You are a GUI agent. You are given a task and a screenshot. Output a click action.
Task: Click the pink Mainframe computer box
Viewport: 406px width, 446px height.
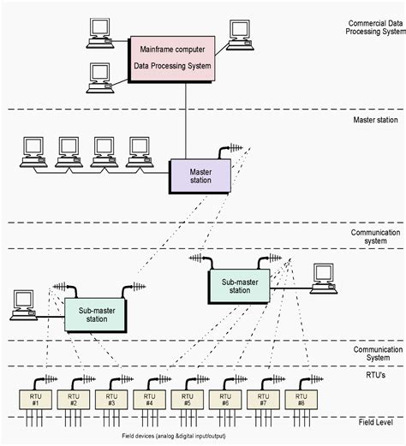point(172,59)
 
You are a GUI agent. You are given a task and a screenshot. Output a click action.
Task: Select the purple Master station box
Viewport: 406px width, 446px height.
point(200,176)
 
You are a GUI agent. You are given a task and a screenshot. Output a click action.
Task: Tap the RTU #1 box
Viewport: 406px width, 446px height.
point(35,400)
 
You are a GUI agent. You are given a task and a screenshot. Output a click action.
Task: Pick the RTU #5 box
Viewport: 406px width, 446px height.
point(188,400)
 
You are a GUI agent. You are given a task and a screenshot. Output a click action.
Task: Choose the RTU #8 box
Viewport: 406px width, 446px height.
point(301,400)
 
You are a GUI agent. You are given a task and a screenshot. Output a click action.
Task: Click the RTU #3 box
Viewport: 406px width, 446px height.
point(111,400)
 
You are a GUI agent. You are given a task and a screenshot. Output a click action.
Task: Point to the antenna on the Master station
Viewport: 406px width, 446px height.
point(230,151)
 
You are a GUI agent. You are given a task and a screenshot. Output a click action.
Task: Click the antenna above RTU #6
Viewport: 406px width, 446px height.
point(235,383)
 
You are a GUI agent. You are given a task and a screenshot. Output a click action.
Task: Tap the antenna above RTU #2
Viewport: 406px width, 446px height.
point(83,383)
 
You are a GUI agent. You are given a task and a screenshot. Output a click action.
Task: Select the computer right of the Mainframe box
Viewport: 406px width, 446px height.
point(240,35)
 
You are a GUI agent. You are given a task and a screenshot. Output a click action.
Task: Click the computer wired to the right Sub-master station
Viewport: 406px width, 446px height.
point(324,278)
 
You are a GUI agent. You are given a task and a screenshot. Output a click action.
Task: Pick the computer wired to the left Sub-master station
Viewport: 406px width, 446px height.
point(24,305)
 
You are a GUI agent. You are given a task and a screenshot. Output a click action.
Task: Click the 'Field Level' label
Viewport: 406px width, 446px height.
point(375,422)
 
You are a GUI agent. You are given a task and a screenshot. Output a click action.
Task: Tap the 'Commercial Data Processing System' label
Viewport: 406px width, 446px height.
point(375,27)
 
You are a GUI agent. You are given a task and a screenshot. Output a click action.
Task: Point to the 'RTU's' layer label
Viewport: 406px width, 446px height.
point(375,375)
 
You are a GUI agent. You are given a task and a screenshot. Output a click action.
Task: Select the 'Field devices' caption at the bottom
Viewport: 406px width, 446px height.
point(174,436)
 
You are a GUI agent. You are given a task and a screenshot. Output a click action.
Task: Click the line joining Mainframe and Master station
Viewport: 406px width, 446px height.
point(186,121)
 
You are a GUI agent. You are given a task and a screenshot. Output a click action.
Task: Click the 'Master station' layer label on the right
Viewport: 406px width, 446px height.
point(375,120)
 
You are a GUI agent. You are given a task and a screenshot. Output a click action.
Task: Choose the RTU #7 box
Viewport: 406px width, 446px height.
point(263,400)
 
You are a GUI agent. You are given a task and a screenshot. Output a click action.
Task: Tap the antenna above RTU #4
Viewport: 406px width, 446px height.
point(158,383)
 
